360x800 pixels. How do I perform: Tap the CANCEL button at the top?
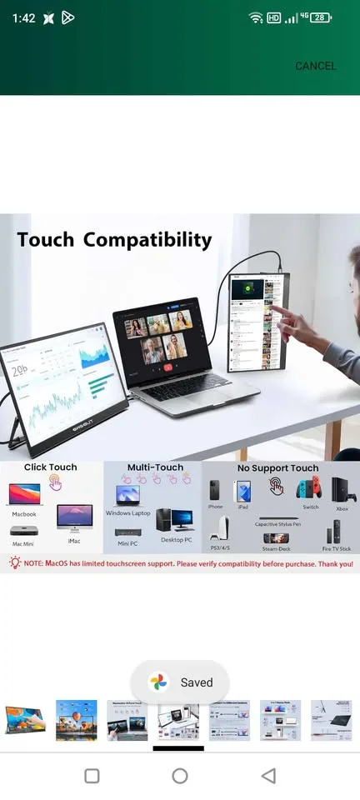315,66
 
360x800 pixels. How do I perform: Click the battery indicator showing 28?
319,17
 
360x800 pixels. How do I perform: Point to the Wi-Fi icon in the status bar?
255,17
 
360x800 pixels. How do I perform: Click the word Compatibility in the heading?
147,240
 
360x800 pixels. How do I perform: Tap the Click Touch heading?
50,467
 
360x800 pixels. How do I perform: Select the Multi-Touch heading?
155,467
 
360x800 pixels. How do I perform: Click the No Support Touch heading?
277,468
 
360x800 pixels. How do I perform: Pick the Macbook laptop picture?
23,494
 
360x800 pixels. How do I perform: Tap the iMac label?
74,541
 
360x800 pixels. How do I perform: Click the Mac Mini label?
24,543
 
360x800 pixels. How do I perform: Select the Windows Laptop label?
129,512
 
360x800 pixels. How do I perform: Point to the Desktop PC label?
177,540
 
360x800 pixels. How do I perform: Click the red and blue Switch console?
311,491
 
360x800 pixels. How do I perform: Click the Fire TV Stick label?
337,548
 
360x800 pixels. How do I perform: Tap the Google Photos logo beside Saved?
158,682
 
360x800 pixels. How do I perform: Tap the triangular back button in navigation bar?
267,776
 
